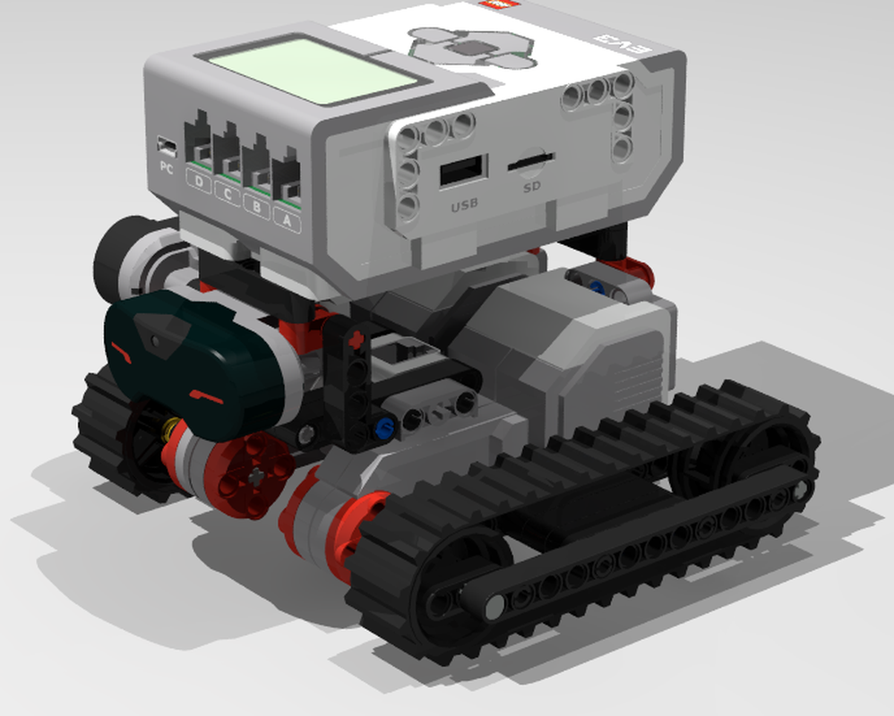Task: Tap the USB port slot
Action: click(463, 171)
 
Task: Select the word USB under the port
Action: click(464, 205)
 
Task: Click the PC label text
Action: click(166, 166)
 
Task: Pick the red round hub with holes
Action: click(254, 474)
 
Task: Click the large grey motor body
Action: click(573, 358)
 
